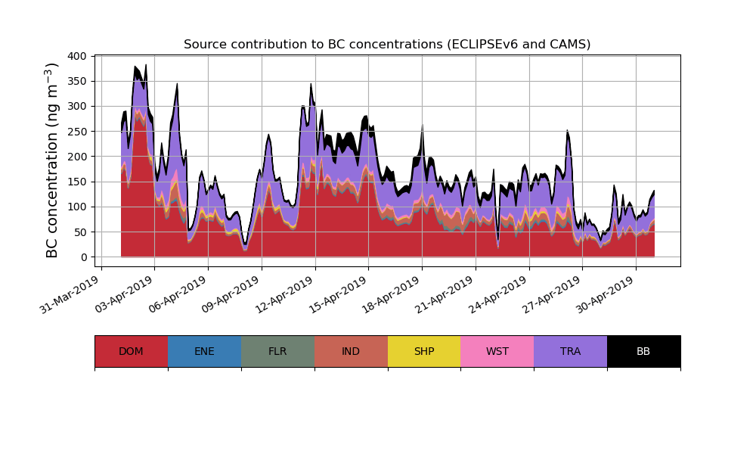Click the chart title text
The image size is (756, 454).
click(x=387, y=45)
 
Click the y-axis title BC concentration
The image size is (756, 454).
click(x=52, y=160)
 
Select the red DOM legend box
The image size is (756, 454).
click(x=131, y=351)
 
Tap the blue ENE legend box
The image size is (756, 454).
click(x=204, y=351)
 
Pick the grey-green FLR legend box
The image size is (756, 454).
click(x=277, y=351)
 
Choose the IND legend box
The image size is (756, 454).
click(x=351, y=351)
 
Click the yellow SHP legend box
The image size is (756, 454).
click(x=424, y=351)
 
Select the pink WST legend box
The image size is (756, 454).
click(x=497, y=351)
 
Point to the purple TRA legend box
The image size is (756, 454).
click(x=571, y=351)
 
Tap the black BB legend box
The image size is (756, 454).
click(x=643, y=351)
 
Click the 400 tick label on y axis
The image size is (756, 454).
click(x=78, y=56)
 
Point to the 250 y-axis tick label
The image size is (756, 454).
click(x=78, y=132)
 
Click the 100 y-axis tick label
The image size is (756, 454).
click(x=78, y=207)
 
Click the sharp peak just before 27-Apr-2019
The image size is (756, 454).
click(x=567, y=132)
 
